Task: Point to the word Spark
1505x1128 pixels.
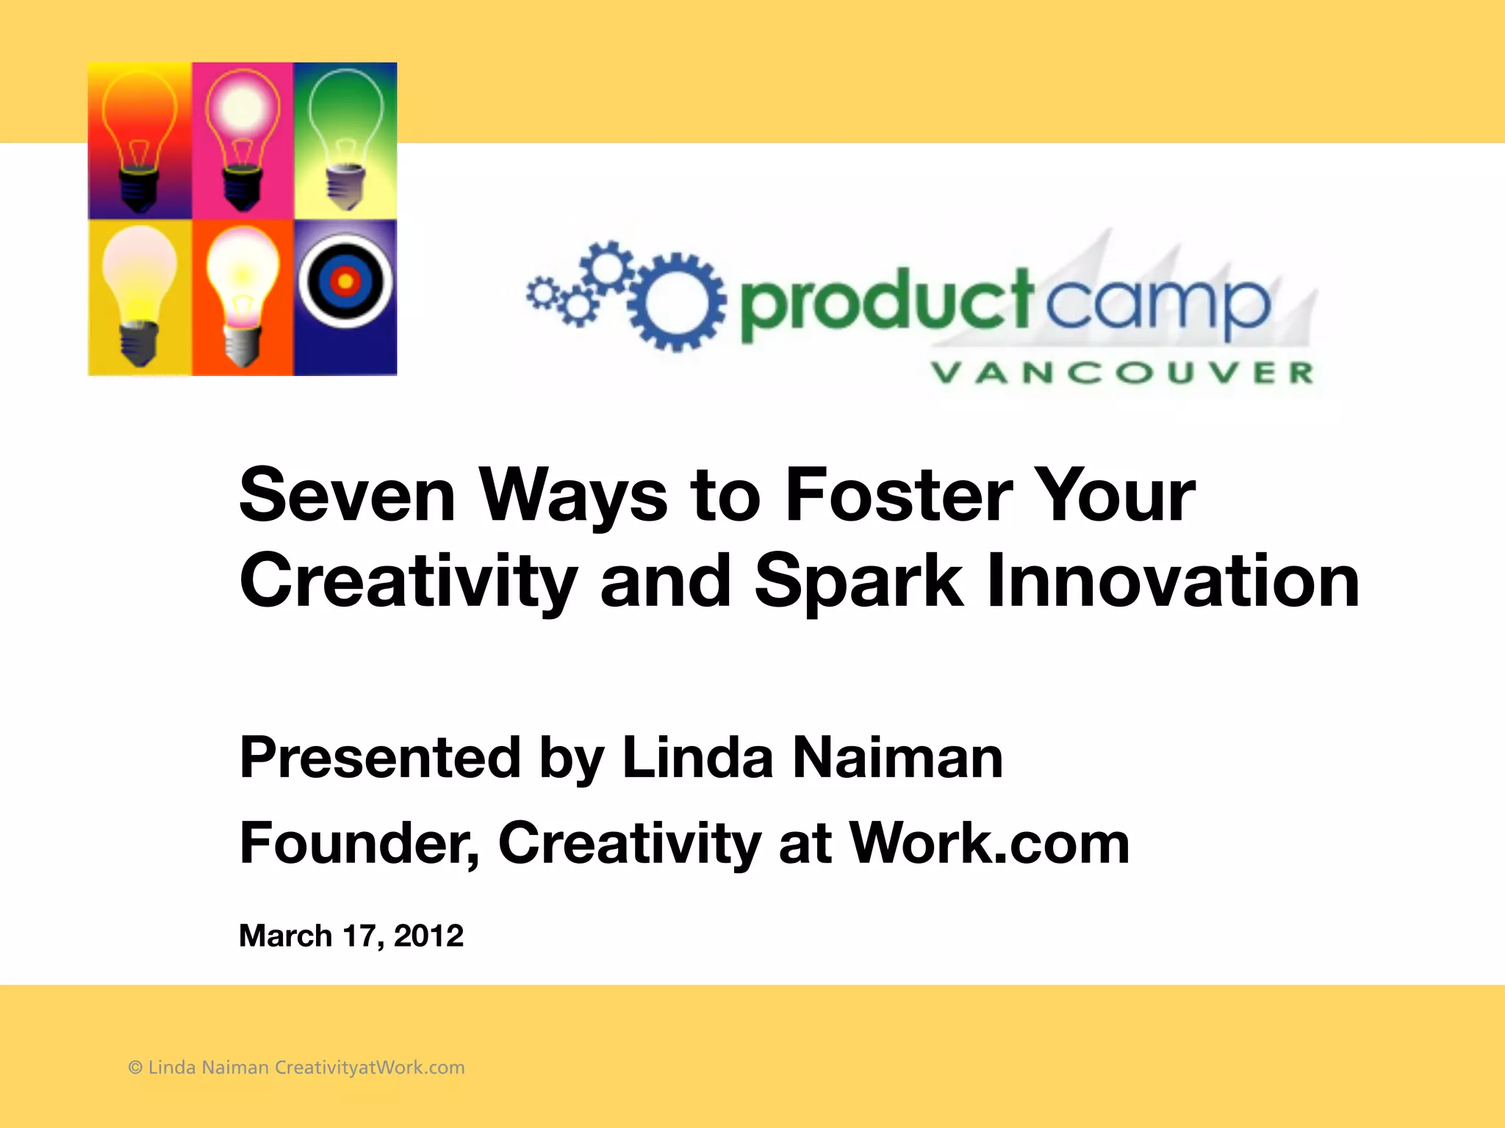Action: [x=858, y=582]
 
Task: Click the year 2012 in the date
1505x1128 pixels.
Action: [x=428, y=936]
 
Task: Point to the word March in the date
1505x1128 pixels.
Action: [x=285, y=936]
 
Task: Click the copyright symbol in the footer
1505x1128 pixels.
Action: [x=135, y=1068]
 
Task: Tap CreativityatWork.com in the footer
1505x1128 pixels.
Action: [x=370, y=1068]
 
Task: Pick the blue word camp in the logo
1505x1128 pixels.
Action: [x=1157, y=305]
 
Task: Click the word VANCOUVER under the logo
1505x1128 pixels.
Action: [x=1122, y=372]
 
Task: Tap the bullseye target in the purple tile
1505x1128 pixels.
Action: [x=345, y=281]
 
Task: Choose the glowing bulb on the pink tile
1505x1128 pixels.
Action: [x=243, y=136]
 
